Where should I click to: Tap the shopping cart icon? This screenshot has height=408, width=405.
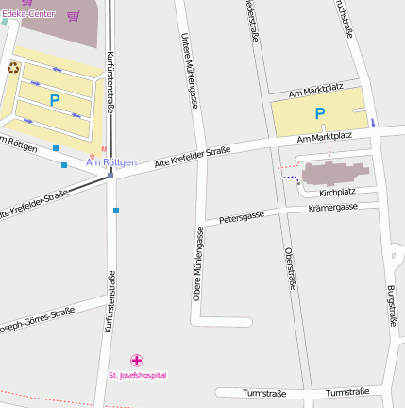(x=74, y=15)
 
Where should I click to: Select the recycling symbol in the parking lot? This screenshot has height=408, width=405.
(x=13, y=67)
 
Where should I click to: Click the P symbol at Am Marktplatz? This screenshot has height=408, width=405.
(x=319, y=114)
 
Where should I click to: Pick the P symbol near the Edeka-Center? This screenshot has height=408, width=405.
(x=54, y=99)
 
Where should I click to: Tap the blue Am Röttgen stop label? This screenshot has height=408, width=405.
(x=111, y=162)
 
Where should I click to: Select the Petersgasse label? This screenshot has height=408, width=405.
(x=242, y=217)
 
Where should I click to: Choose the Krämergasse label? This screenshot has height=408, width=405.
(x=332, y=207)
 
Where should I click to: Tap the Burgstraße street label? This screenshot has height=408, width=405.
(x=391, y=305)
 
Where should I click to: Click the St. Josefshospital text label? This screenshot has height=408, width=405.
(x=138, y=375)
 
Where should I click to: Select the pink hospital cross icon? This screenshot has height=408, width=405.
(x=137, y=360)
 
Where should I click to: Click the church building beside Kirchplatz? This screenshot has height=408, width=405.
(x=336, y=172)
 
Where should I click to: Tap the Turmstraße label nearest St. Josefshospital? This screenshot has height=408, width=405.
(x=263, y=392)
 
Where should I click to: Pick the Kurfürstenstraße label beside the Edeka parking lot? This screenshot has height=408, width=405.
(x=110, y=85)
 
